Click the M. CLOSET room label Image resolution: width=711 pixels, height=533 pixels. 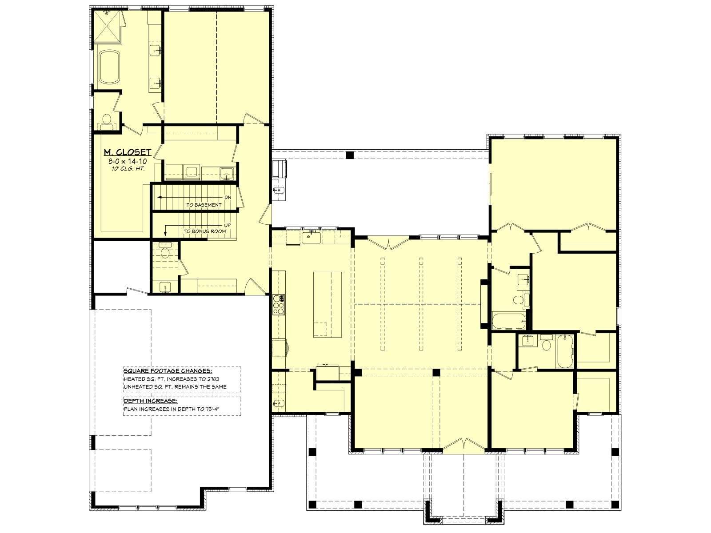tap(128, 152)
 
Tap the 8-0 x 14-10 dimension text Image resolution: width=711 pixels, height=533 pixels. tap(128, 161)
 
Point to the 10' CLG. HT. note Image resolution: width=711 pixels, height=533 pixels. tap(128, 169)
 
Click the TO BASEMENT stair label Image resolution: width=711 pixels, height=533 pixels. tap(204, 205)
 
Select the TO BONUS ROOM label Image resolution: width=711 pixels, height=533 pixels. tap(205, 231)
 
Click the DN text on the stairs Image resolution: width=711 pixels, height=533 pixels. tap(228, 197)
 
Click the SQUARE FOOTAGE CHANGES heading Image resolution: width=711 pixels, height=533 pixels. tap(168, 371)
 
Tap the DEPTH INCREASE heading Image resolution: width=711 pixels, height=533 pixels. tap(150, 401)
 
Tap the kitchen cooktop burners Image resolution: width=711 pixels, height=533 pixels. tap(278, 304)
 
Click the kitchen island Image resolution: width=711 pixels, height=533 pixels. tap(328, 305)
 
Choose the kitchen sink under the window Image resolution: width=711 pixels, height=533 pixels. tap(311, 237)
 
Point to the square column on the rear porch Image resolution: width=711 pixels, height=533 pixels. tap(350, 155)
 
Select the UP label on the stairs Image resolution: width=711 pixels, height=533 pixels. tap(228, 225)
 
